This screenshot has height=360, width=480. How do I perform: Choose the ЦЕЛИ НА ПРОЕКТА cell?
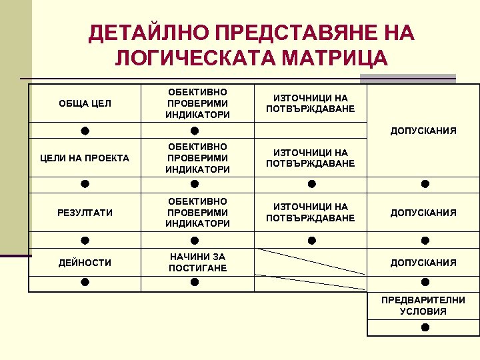click(85, 158)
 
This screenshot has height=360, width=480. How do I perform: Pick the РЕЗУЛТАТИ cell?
click(85, 213)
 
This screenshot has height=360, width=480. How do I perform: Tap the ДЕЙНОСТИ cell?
click(85, 263)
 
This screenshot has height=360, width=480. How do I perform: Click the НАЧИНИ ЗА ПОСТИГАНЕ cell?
click(198, 263)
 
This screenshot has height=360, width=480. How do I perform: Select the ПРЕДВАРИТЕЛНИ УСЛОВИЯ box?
click(423, 306)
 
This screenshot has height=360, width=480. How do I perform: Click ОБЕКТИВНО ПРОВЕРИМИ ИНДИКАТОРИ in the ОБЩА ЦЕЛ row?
click(198, 103)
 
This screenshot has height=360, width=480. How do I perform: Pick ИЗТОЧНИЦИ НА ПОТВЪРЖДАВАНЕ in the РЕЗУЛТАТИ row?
click(311, 213)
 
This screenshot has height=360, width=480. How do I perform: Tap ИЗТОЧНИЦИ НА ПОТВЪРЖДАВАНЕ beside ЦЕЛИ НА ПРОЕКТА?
click(311, 158)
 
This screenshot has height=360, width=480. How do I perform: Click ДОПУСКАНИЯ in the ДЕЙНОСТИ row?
click(423, 263)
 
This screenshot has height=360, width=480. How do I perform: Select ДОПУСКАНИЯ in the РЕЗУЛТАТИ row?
click(423, 213)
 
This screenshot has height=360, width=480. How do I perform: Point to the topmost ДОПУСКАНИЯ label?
click(423, 131)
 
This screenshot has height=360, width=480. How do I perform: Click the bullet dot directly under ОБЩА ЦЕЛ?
click(85, 130)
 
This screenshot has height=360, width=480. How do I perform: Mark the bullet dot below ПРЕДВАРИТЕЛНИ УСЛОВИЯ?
click(425, 327)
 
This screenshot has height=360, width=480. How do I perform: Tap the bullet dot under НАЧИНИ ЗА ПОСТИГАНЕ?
click(194, 283)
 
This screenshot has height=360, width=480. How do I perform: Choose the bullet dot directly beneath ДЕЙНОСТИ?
click(85, 283)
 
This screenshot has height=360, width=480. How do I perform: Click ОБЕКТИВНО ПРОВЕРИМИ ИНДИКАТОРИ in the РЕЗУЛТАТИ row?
click(198, 213)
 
